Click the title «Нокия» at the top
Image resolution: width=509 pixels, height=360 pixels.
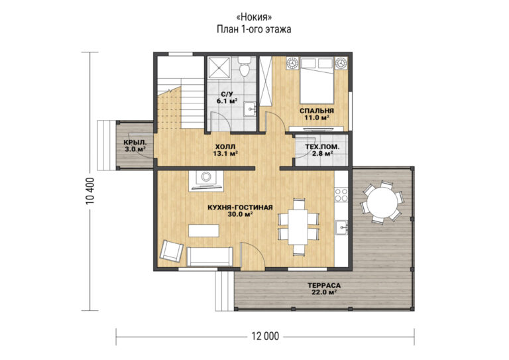point(254,17)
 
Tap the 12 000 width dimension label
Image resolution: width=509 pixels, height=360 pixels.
point(265,336)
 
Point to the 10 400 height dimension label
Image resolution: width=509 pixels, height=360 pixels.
point(91,191)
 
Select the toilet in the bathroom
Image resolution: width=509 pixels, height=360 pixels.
point(245,66)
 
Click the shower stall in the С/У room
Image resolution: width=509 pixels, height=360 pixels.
point(219,68)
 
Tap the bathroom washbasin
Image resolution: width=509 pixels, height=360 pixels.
point(250,109)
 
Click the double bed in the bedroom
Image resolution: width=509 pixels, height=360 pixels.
point(317,80)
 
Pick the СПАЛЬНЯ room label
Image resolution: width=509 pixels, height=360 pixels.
point(317,111)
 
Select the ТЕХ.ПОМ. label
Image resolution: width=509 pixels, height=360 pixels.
point(322,147)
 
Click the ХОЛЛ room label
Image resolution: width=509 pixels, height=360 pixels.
point(225,147)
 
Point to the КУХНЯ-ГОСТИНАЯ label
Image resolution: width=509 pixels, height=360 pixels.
point(240,208)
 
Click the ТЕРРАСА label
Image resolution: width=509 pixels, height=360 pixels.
point(324,286)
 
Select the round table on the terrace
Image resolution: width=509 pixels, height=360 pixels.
point(382,202)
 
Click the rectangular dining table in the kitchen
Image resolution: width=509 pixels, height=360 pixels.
point(298,227)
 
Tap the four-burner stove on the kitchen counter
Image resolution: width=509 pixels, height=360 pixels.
point(341,194)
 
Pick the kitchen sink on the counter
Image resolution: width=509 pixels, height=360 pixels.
point(341,227)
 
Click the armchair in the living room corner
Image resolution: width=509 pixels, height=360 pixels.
point(172,251)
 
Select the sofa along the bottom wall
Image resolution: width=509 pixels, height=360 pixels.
point(209,257)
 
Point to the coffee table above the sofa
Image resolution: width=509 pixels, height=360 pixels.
point(204,231)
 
